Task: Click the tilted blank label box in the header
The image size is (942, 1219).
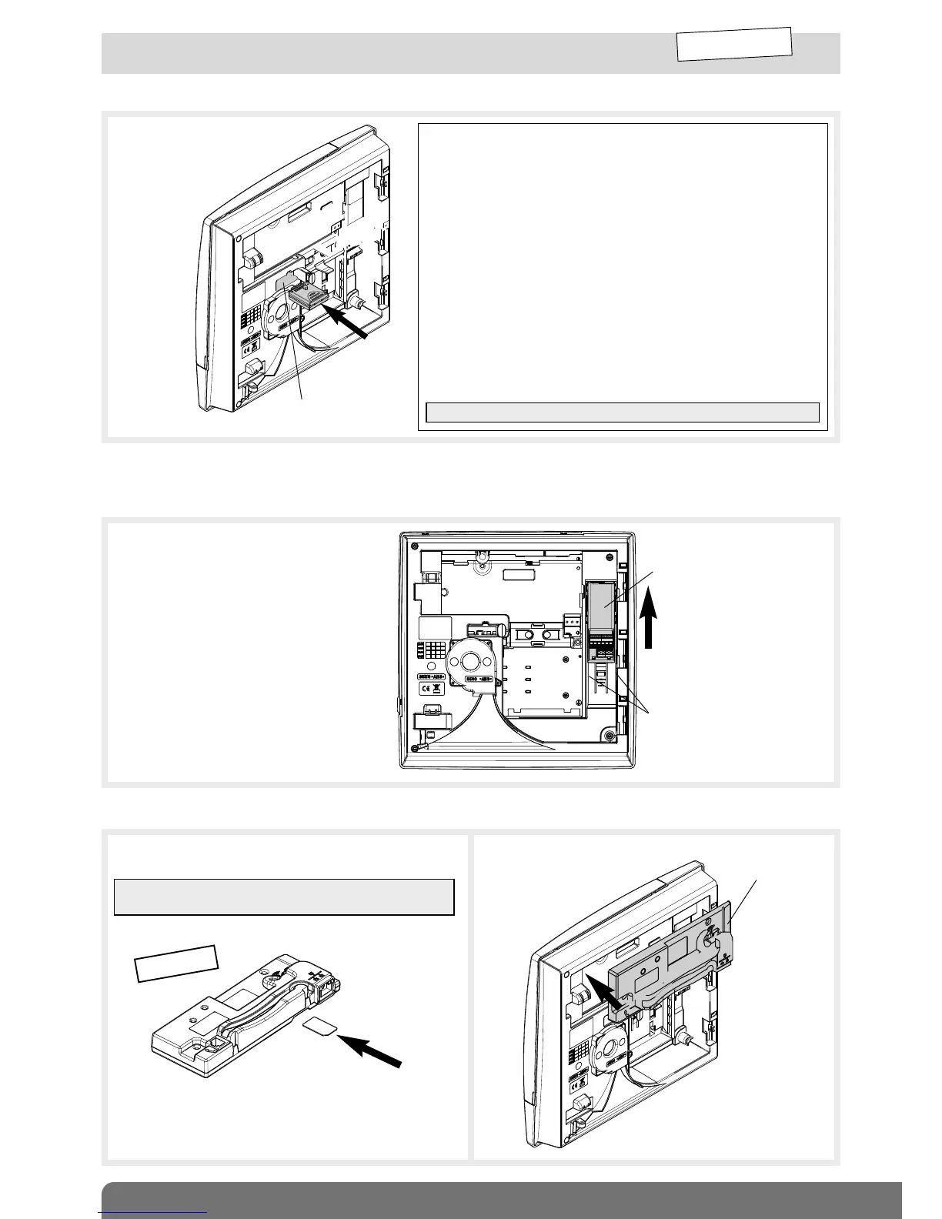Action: click(x=734, y=44)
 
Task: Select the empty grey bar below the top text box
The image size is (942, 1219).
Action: click(x=622, y=412)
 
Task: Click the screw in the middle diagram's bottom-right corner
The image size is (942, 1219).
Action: click(x=609, y=736)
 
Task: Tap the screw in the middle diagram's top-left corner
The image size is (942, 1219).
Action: click(x=415, y=546)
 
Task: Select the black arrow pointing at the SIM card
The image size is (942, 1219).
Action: click(x=370, y=1051)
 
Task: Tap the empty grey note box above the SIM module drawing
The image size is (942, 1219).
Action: click(x=284, y=897)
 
